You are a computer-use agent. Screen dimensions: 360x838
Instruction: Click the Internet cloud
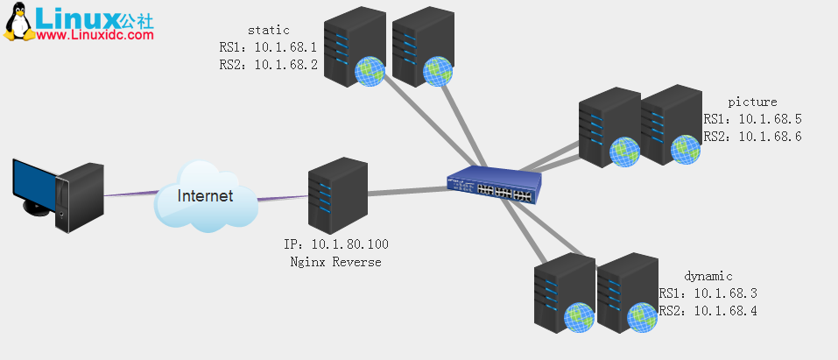[x=205, y=196]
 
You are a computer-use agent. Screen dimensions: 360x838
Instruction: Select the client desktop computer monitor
[x=35, y=187]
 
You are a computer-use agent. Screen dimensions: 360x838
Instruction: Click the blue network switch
[x=493, y=185]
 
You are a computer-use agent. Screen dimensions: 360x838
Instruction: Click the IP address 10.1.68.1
[x=285, y=47]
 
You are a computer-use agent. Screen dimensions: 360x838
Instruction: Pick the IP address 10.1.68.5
[x=770, y=119]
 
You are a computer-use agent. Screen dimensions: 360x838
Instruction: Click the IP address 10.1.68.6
[x=770, y=136]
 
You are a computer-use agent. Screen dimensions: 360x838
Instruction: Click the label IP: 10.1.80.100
[x=337, y=244]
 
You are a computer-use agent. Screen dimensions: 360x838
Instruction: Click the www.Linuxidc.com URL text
[x=96, y=35]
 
